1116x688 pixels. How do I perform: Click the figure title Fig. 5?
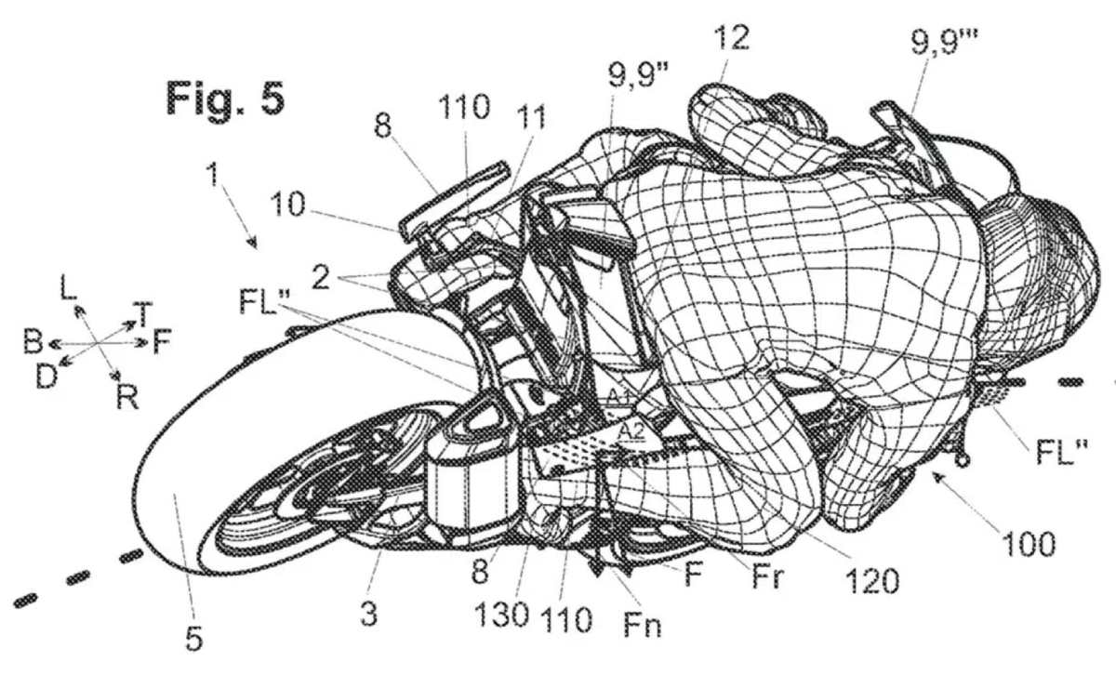(x=225, y=99)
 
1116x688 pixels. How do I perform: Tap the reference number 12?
(x=731, y=38)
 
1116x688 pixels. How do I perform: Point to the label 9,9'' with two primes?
(x=639, y=75)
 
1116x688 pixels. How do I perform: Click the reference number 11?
(x=532, y=117)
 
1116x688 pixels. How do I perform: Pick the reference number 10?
(x=287, y=205)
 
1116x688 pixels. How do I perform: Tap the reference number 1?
(x=213, y=175)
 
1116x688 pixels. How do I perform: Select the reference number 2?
(x=320, y=277)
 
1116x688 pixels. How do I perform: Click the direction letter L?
(x=68, y=287)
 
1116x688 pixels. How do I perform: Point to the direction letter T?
(x=143, y=314)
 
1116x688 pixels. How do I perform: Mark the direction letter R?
(x=127, y=397)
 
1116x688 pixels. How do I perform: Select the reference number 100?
(x=1029, y=544)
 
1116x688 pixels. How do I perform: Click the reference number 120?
(x=871, y=580)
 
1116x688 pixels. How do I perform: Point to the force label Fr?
(x=768, y=577)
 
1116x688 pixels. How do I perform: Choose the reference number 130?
(x=501, y=615)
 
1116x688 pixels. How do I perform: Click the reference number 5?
(x=194, y=638)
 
